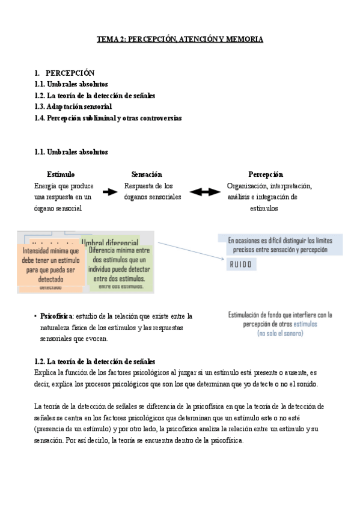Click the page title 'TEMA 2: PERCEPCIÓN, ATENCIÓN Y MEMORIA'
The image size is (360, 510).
pos(180,39)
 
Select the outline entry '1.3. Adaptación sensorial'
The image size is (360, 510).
pos(73,106)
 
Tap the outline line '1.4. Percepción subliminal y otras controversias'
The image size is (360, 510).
pos(108,118)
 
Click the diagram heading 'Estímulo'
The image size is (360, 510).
pos(61,174)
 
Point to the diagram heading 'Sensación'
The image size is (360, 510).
pos(146,174)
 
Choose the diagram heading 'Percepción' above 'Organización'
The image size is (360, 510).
pos(265,174)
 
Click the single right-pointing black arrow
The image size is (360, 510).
pos(110,192)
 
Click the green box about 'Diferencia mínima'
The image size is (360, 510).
pos(119,264)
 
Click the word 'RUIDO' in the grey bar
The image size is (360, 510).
pos(241,264)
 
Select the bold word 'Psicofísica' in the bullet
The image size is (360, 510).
pos(56,316)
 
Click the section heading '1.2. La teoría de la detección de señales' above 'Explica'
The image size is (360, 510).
pos(95,361)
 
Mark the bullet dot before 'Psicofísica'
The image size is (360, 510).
pos(37,316)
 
